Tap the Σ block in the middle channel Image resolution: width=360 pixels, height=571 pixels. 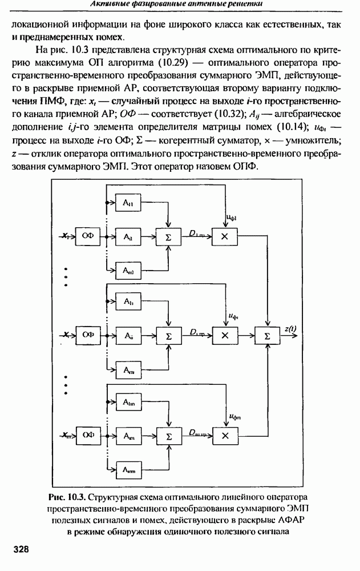click(168, 336)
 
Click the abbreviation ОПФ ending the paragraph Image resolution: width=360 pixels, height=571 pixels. click(247, 166)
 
